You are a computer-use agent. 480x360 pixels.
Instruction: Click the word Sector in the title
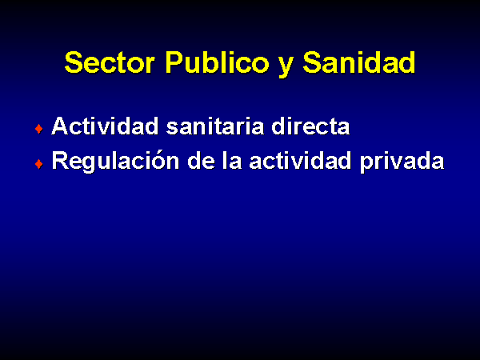pos(110,62)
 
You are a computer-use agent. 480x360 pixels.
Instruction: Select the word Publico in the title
pos(218,62)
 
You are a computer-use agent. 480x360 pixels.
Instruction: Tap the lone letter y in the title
pos(286,66)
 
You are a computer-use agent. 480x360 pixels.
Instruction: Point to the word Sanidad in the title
pos(359,62)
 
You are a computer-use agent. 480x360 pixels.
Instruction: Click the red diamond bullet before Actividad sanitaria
pos(39,129)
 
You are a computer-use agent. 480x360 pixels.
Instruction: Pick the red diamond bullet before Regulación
pos(39,164)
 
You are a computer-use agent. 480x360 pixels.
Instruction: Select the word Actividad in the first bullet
pos(105,126)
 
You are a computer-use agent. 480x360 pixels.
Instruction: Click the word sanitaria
pos(215,126)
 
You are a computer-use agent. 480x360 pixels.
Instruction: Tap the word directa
pos(310,126)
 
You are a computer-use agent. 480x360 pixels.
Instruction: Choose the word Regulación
pos(115,161)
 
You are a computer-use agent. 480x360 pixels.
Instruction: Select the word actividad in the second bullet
pos(300,161)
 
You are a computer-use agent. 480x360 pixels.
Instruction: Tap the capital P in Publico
pos(174,62)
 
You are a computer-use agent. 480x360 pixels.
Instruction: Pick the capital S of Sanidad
pos(312,62)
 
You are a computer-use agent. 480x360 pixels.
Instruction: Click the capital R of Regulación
pos(60,161)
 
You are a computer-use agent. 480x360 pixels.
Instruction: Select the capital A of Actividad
pos(60,126)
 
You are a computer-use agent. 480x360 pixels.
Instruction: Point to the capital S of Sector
pos(74,62)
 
